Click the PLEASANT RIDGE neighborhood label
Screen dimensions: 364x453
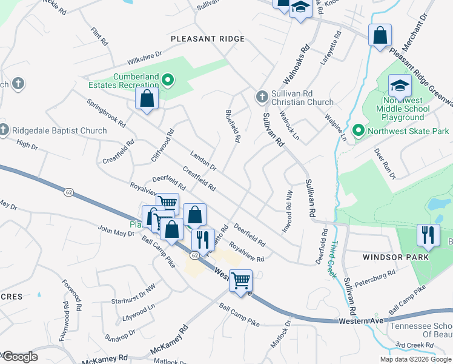tap(208, 39)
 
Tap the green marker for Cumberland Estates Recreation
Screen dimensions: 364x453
tap(170, 79)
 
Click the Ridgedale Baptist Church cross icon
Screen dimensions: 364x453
tap(5, 130)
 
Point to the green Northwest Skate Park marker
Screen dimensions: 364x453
tap(358, 130)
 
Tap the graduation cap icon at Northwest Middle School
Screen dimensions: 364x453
tap(400, 86)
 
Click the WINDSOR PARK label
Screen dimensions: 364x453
tap(395, 257)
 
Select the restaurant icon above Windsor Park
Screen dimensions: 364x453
tap(428, 235)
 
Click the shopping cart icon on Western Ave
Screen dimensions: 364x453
tap(240, 280)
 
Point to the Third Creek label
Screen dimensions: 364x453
tap(334, 260)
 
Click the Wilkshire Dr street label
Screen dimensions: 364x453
tap(144, 59)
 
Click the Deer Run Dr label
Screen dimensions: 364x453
tap(384, 163)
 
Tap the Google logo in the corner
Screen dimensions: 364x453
tap(20, 356)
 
